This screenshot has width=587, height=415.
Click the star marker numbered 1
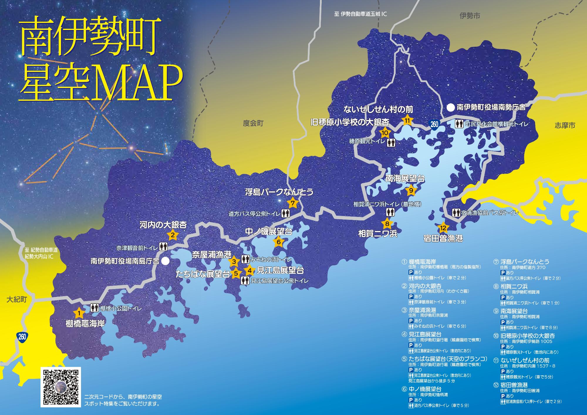tap(78, 313)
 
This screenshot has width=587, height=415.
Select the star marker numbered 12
tap(443, 227)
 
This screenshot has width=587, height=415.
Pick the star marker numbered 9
tap(411, 190)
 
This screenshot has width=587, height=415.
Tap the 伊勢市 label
tap(470, 16)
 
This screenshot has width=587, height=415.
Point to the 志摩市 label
tap(565, 126)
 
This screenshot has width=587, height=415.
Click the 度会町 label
tap(253, 123)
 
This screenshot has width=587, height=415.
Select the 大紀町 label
tap(17, 300)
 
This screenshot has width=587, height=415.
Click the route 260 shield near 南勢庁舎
tap(434, 124)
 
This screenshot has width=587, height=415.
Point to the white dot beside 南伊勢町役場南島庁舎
tap(166, 261)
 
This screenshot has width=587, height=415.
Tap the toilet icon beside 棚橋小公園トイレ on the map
tap(94, 308)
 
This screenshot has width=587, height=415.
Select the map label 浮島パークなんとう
tap(279, 192)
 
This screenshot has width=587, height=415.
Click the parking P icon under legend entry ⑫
tap(503, 396)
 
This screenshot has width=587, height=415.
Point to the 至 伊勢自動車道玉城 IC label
tap(360, 14)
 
